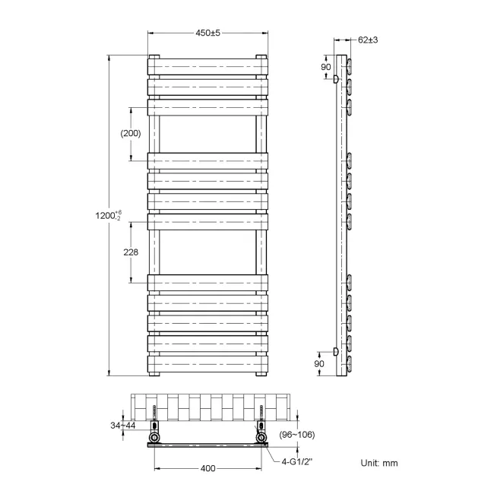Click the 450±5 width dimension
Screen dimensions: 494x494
pos(207,33)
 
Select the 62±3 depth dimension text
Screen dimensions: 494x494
pos(369,40)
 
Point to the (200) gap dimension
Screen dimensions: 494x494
pos(131,133)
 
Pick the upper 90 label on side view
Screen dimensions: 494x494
pos(326,67)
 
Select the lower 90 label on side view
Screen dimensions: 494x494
pos(320,364)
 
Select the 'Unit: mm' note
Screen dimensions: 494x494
pos(378,462)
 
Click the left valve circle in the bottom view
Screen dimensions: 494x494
pos(155,439)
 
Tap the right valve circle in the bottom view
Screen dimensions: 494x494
pos(262,439)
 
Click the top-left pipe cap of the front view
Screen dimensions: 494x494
pos(154,57)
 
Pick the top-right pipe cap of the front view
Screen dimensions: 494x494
pos(261,57)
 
